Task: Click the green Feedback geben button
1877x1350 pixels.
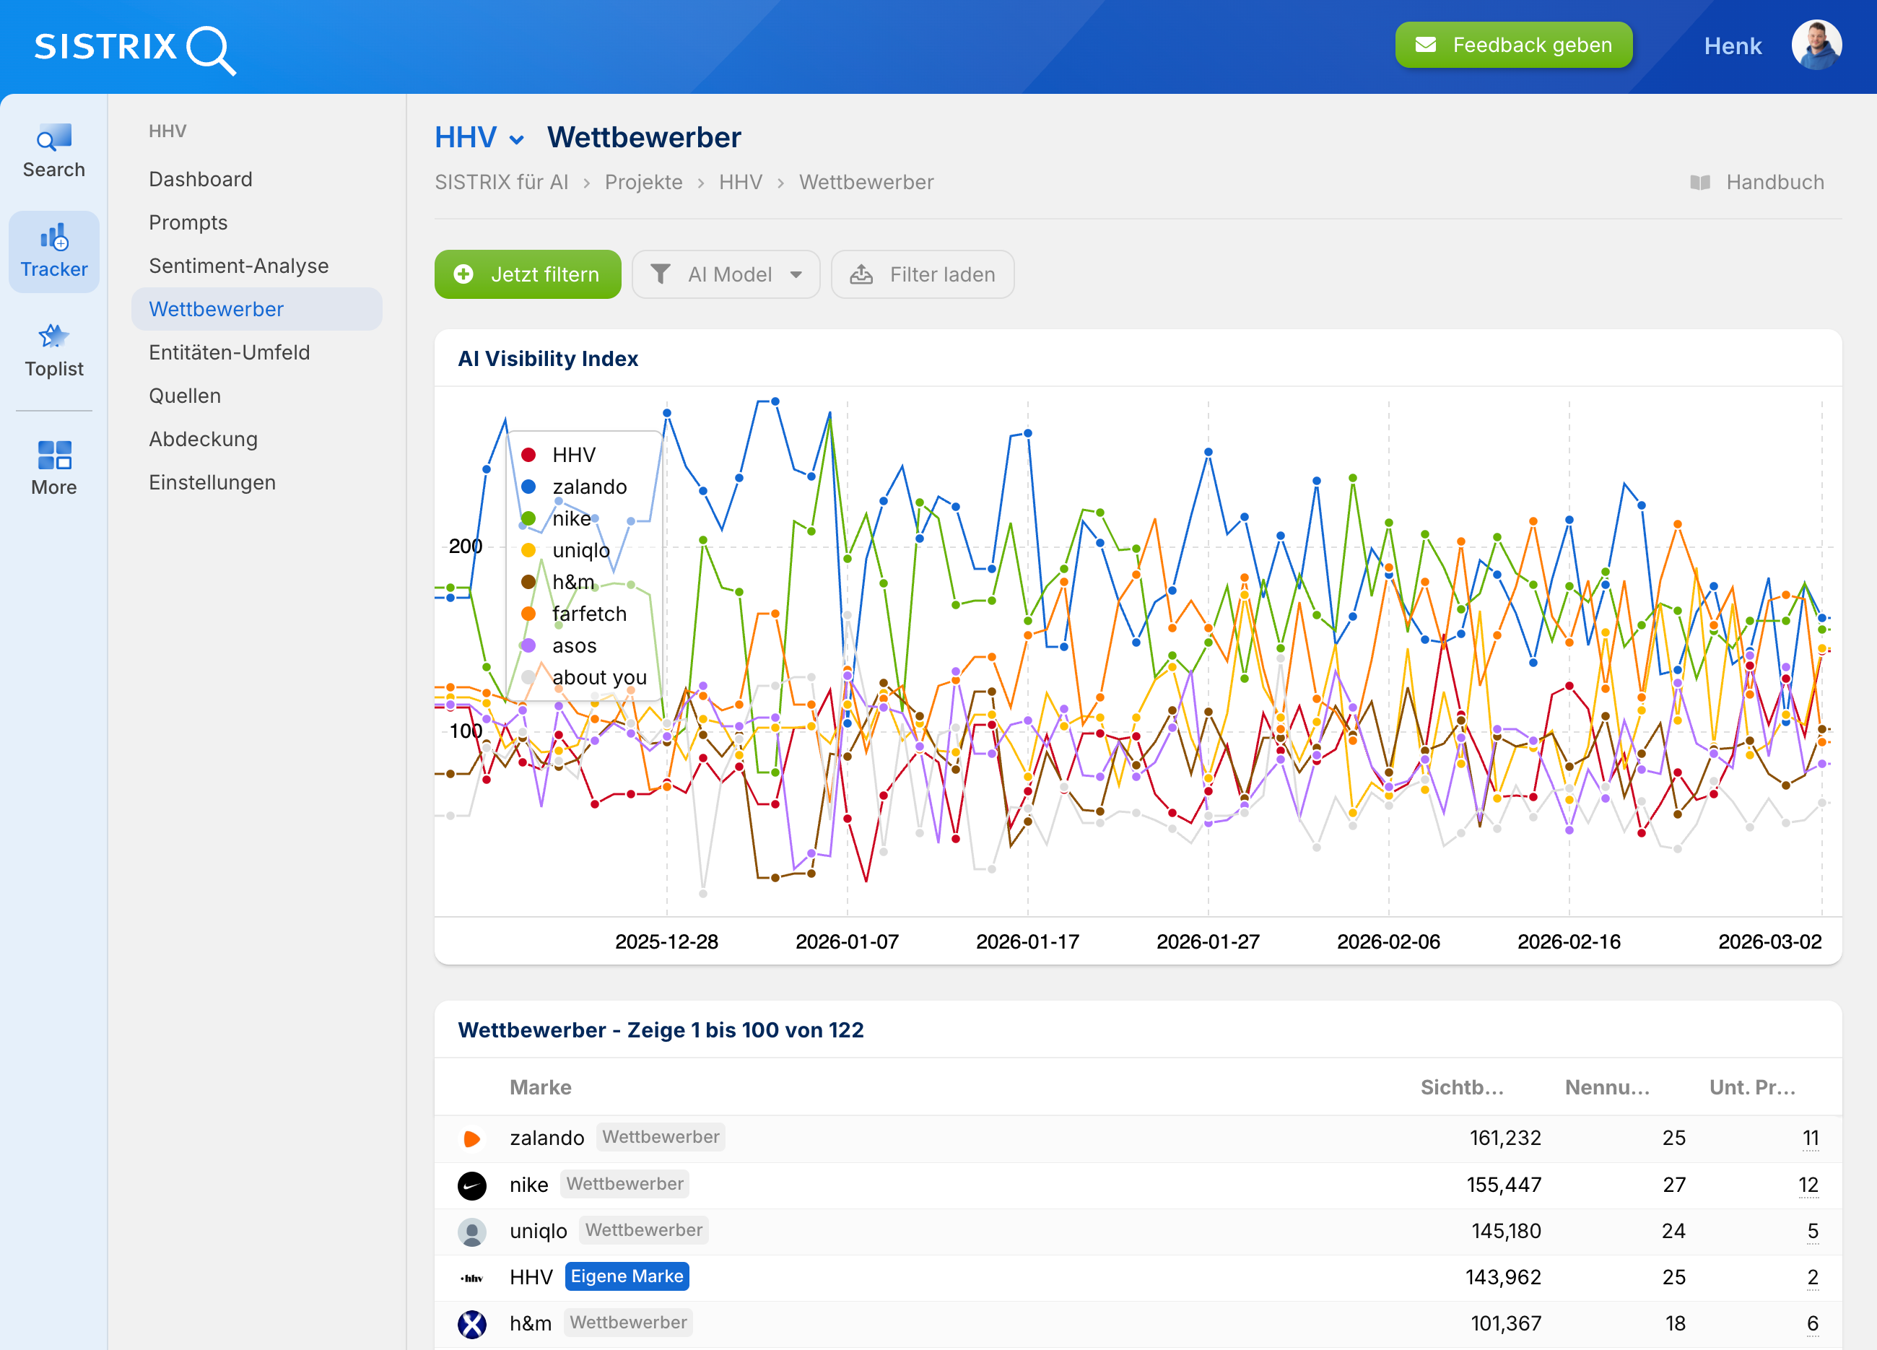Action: [x=1513, y=45]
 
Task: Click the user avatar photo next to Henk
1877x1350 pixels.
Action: [x=1816, y=45]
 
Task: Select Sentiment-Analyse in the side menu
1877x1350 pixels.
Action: [x=238, y=266]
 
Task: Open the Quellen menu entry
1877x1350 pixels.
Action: [x=185, y=396]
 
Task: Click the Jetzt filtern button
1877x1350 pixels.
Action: [x=527, y=275]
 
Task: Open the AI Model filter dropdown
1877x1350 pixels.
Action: [x=726, y=275]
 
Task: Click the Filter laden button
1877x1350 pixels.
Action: [x=922, y=275]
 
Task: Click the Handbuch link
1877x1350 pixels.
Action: [x=1774, y=182]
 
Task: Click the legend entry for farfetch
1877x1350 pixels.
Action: [x=588, y=614]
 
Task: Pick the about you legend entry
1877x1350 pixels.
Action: [x=598, y=677]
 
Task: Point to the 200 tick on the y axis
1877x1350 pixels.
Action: [x=465, y=546]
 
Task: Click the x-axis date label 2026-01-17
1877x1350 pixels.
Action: [x=1027, y=941]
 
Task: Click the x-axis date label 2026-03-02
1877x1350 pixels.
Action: [x=1769, y=941]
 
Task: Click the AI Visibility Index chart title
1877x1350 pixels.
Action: [x=548, y=358]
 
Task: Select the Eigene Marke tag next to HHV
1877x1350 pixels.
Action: [x=627, y=1276]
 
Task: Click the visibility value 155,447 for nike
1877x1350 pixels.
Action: [x=1503, y=1185]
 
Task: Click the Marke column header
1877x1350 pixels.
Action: [x=541, y=1086]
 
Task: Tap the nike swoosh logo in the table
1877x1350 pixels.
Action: [x=471, y=1185]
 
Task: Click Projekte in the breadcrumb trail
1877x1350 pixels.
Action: [x=643, y=182]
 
